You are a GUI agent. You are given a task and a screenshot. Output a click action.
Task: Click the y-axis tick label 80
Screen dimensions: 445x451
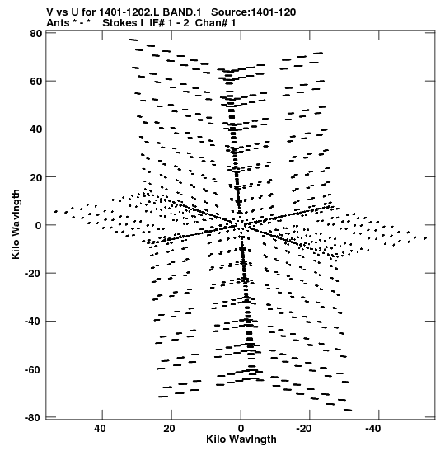click(x=36, y=34)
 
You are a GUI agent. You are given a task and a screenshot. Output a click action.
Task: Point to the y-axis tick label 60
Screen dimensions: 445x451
click(x=36, y=82)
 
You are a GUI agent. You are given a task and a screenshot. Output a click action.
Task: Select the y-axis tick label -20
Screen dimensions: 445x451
click(x=33, y=273)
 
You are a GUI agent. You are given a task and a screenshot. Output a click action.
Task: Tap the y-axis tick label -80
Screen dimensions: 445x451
click(x=33, y=417)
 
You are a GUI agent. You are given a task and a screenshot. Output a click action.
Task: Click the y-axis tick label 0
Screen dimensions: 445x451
click(x=39, y=225)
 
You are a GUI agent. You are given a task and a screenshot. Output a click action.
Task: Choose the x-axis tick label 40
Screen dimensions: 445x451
click(x=100, y=429)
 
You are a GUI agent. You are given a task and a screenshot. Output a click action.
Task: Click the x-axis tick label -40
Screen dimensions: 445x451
click(x=372, y=429)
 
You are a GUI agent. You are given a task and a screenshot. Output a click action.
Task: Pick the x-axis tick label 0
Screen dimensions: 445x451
click(x=241, y=429)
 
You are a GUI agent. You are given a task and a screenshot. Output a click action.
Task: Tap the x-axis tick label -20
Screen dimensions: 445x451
click(x=303, y=429)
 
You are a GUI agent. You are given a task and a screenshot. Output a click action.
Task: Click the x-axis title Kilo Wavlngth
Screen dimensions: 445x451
click(x=241, y=439)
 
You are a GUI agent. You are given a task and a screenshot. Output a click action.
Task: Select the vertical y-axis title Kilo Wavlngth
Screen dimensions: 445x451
click(x=16, y=224)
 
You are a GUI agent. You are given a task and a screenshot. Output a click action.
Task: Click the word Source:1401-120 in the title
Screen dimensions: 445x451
click(x=253, y=12)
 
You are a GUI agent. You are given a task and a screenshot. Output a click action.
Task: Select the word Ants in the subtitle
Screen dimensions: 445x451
click(x=58, y=23)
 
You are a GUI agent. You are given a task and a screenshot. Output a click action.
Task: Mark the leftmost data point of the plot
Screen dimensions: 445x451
click(x=56, y=212)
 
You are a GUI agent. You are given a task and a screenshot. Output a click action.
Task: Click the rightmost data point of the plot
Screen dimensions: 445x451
click(x=426, y=238)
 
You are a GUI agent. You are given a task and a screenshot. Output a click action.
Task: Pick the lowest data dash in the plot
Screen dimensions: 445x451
click(x=347, y=410)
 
